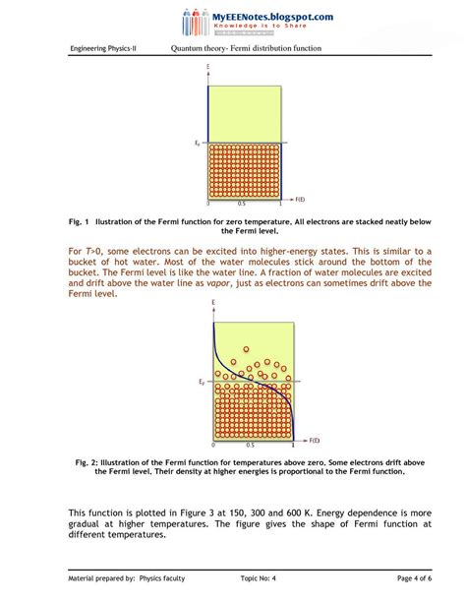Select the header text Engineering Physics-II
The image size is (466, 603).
(x=102, y=49)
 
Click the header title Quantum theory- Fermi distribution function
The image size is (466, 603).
(x=246, y=49)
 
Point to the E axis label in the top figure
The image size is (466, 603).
(x=208, y=67)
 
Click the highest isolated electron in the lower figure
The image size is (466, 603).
(x=248, y=349)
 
